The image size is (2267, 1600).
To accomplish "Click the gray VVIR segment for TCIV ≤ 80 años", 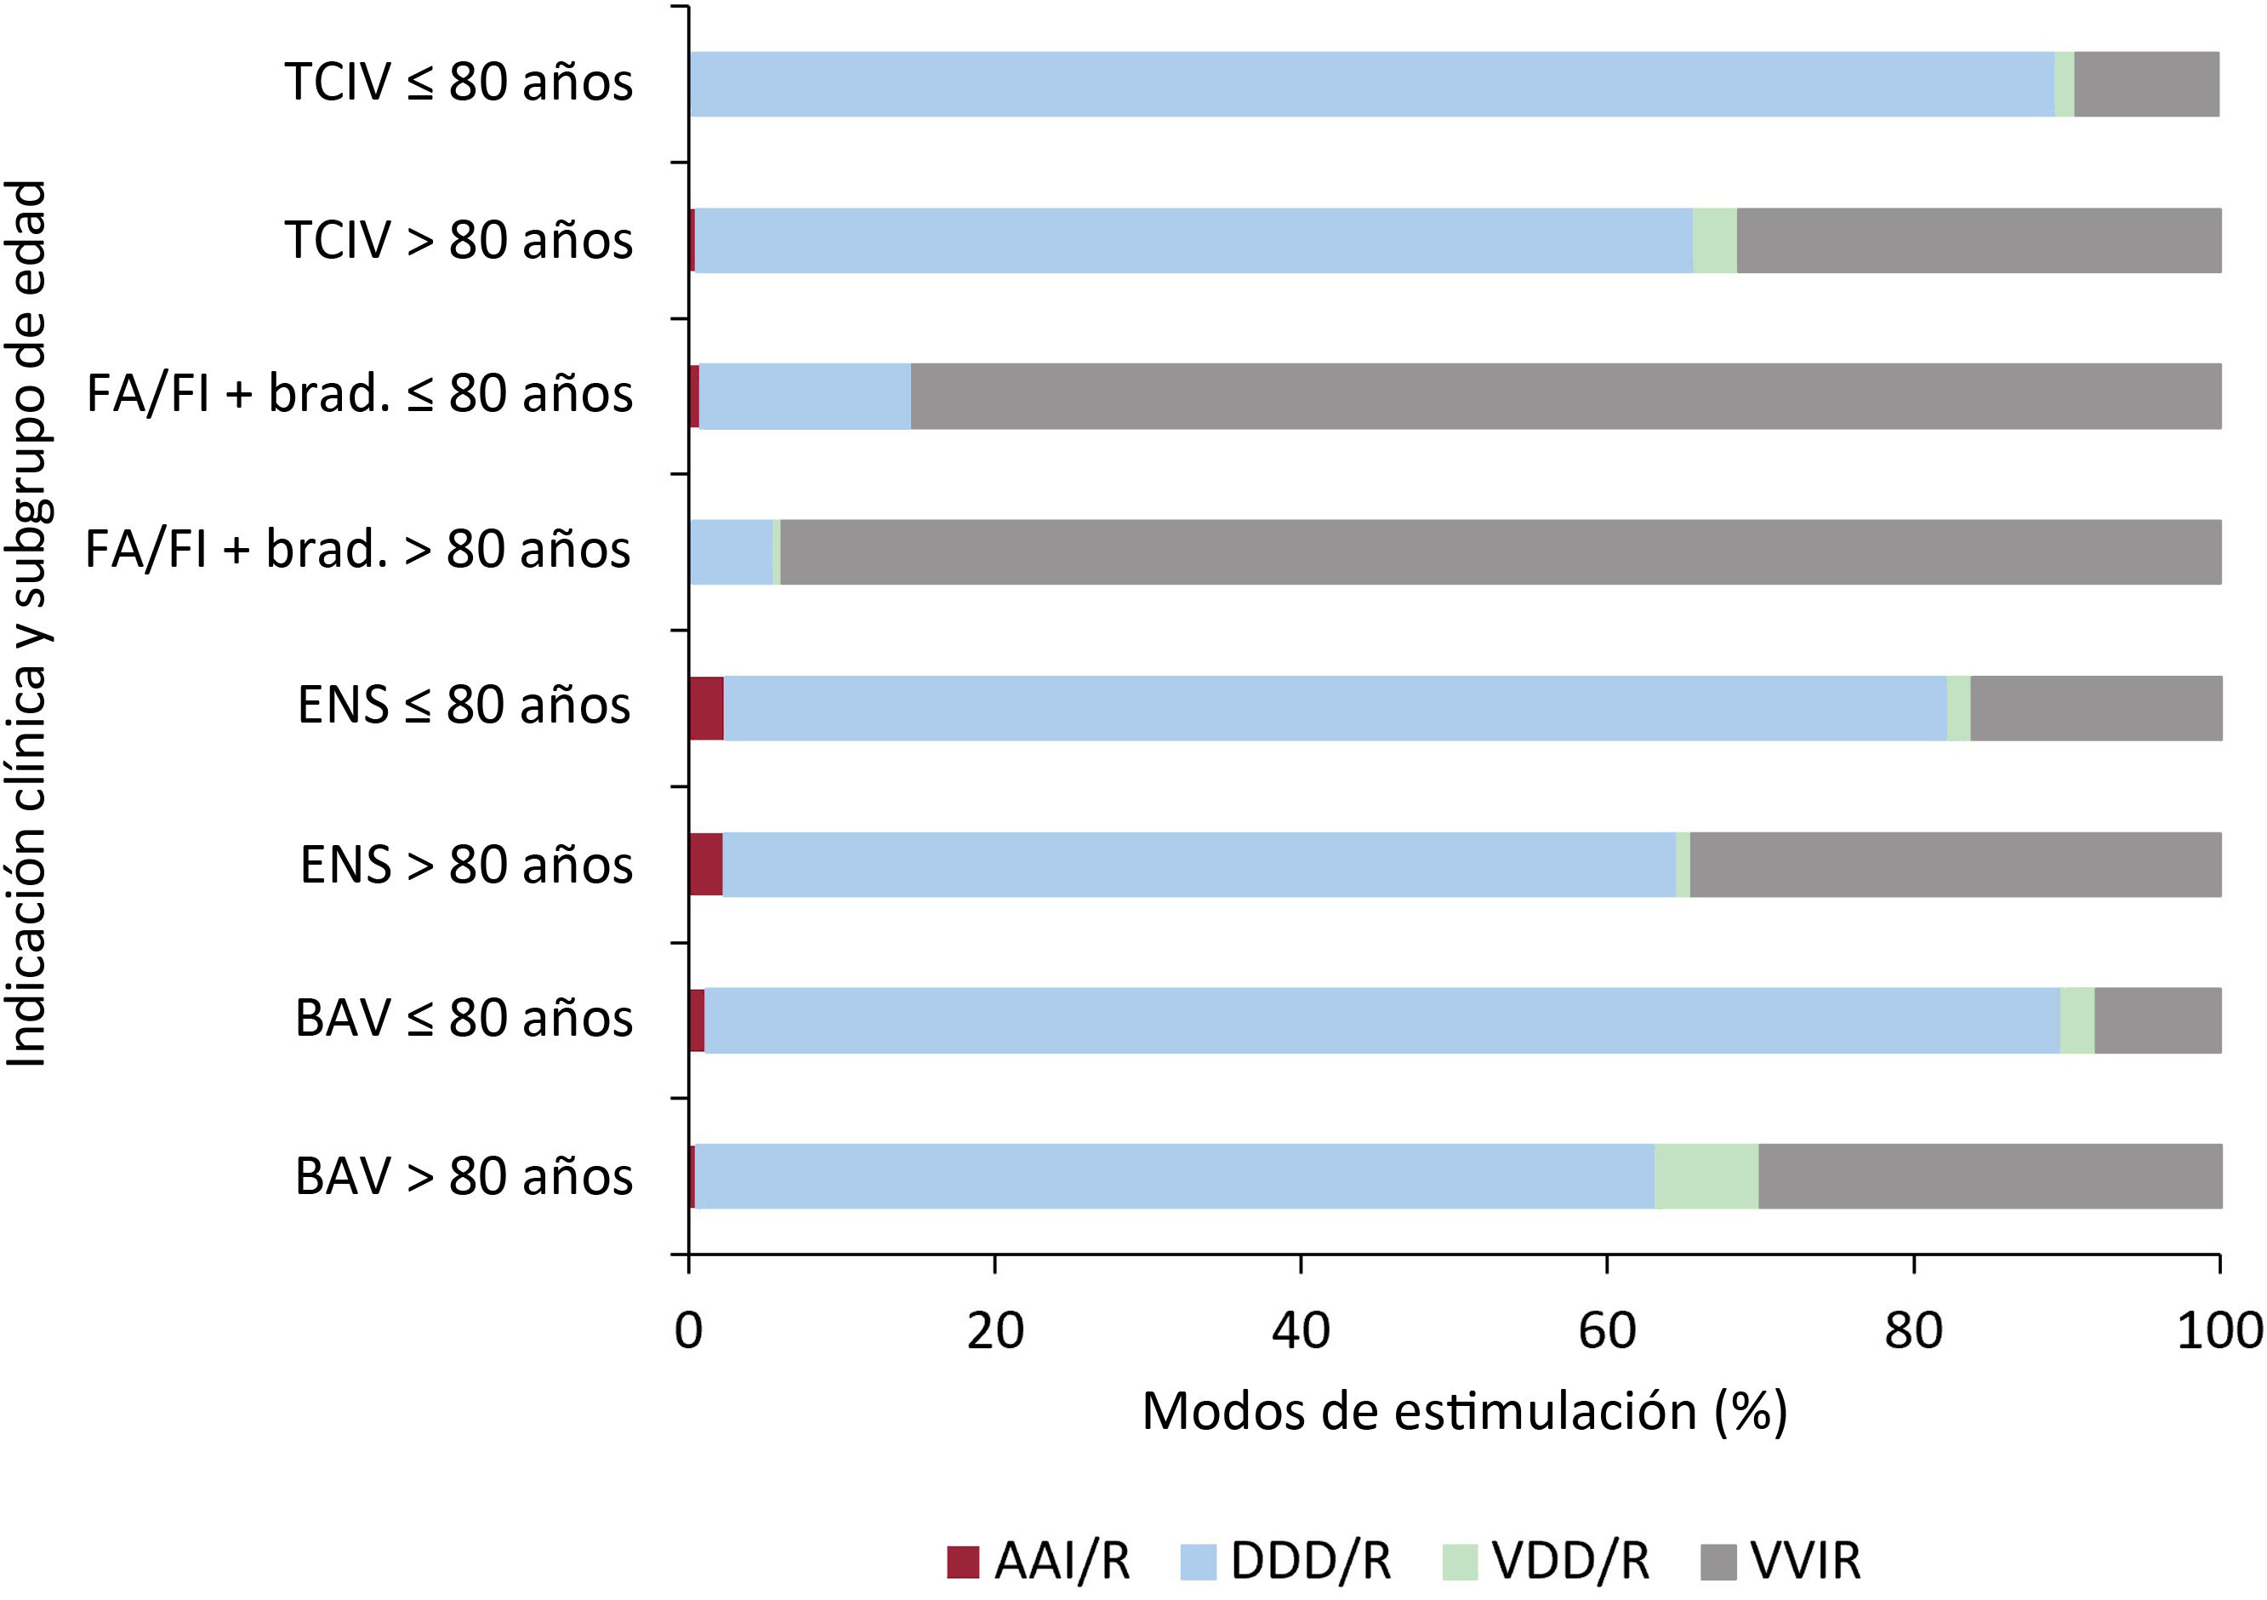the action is [2146, 84].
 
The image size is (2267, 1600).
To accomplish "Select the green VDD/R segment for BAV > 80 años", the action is [1706, 1175].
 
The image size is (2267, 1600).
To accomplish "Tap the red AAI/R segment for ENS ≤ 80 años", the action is [707, 708].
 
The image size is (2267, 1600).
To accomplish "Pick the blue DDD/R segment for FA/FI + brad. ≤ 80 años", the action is [805, 396].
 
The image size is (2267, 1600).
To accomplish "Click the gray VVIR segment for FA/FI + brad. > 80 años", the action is [1501, 552].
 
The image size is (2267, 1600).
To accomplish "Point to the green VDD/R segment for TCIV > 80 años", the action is [1715, 240].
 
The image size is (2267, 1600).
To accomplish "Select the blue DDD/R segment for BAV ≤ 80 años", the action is [1382, 1020].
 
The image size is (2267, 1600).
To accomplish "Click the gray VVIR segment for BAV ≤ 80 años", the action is [2158, 1020].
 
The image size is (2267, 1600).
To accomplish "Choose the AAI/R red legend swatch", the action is [963, 1563].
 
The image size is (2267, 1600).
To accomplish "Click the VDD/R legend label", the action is [1571, 1562].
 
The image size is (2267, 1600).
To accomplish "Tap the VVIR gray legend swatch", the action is [1719, 1563].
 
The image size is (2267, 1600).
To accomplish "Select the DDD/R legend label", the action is [1311, 1562].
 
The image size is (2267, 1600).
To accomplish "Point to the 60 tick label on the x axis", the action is [1606, 1330].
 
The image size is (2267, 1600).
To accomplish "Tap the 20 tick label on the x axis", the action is [994, 1330].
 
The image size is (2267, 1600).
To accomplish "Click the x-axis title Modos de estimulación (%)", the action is [1465, 1413].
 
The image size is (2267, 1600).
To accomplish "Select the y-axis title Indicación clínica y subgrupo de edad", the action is [26, 624].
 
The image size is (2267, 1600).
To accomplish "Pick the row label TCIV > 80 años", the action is [459, 240].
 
